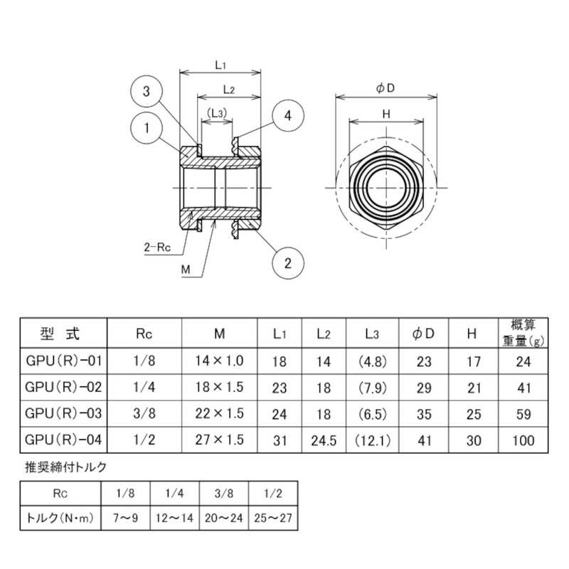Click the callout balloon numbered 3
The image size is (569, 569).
(146, 92)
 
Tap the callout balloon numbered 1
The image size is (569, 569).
(146, 128)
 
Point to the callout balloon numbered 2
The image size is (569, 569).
(287, 262)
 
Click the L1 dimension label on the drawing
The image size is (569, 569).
(220, 65)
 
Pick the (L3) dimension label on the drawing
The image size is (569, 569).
(217, 112)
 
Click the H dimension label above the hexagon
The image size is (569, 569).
(385, 114)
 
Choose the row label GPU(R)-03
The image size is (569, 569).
(63, 413)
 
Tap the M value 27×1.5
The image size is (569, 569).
(220, 440)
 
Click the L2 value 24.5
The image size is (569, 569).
(323, 440)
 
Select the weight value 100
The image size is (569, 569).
(523, 440)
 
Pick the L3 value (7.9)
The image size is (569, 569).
(369, 387)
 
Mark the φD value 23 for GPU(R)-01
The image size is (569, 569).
(424, 361)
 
